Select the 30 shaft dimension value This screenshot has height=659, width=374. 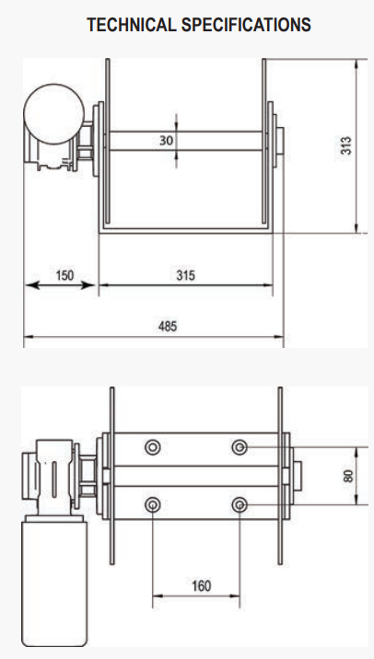click(x=167, y=140)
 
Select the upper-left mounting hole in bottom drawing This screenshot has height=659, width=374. click(x=152, y=447)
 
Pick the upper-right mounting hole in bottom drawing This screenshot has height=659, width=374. click(x=240, y=447)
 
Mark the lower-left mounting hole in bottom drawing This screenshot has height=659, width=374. click(x=152, y=505)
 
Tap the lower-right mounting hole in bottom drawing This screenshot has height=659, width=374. click(x=240, y=505)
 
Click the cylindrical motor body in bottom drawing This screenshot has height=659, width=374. click(x=54, y=580)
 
